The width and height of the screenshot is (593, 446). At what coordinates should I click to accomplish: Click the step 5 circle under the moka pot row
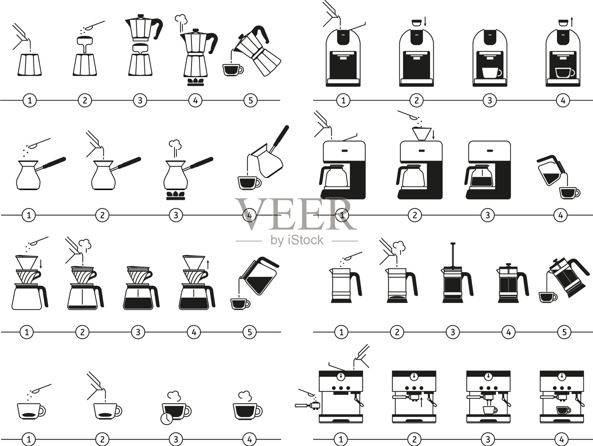point(251,100)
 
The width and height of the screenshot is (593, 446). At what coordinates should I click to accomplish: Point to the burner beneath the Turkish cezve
point(176,195)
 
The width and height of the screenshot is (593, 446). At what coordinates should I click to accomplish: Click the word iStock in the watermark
point(305,240)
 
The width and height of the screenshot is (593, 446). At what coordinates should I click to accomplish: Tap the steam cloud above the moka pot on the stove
point(181,19)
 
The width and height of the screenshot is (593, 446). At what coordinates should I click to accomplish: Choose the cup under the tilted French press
point(548,297)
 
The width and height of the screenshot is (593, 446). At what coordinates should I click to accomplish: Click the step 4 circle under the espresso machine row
point(561,439)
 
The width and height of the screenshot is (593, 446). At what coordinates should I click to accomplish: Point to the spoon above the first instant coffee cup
point(41,388)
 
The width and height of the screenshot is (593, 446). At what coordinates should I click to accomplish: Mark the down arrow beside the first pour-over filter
point(41,264)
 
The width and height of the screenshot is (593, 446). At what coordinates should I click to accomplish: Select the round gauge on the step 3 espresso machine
point(488,376)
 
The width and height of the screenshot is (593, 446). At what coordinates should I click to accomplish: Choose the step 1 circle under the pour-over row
point(27,332)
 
